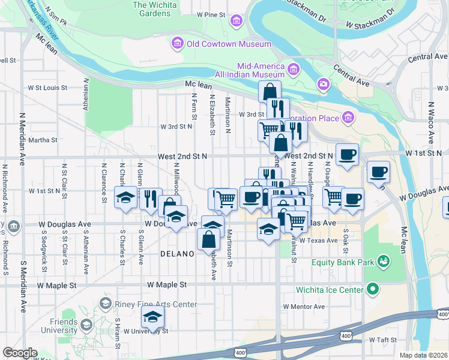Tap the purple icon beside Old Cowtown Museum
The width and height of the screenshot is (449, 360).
176,43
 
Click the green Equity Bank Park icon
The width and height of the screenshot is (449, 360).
382,262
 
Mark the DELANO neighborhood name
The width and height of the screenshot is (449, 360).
177,254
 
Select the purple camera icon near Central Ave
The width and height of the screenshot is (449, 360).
324,85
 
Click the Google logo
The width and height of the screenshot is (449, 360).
20,353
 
